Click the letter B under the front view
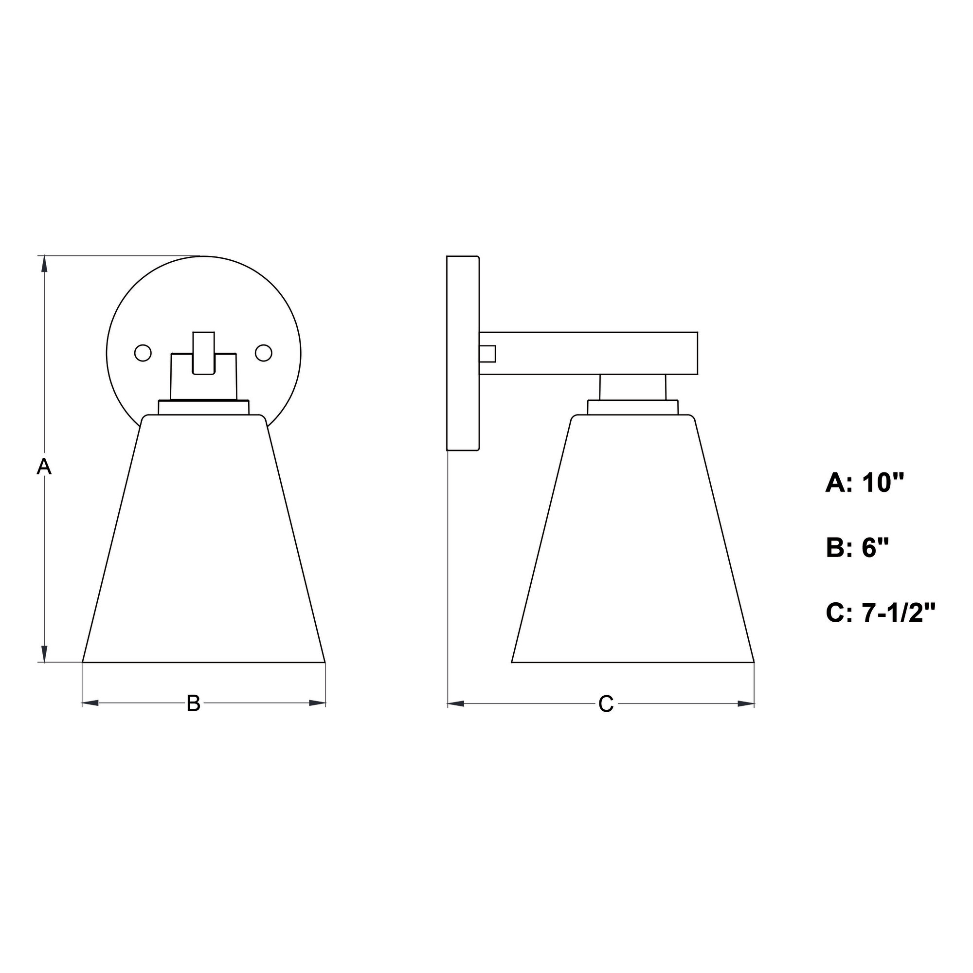[194, 703]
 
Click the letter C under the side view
[606, 703]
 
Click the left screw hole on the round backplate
[143, 353]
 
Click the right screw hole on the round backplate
[263, 353]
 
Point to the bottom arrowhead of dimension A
[45, 654]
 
